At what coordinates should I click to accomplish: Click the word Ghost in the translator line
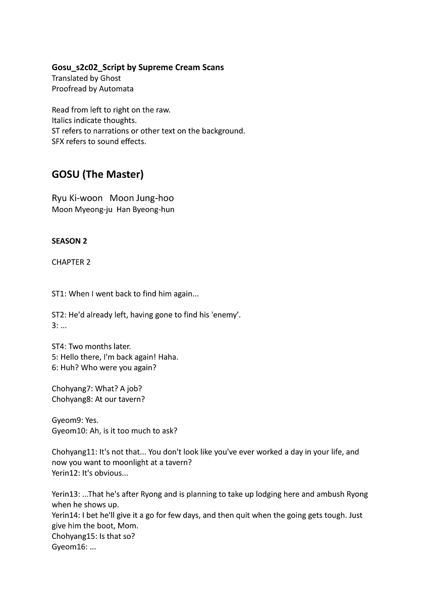pyautogui.click(x=111, y=78)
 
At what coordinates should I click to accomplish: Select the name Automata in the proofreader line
pyautogui.click(x=117, y=89)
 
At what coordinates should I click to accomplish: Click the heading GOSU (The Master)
pyautogui.click(x=97, y=174)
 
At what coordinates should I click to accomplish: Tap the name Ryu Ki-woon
pyautogui.click(x=77, y=198)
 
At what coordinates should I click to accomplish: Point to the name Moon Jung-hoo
pyautogui.click(x=141, y=198)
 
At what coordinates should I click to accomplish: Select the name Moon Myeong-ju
pyautogui.click(x=82, y=209)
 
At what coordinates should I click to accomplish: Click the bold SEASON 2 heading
pyautogui.click(x=69, y=241)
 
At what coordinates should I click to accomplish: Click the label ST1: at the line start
pyautogui.click(x=59, y=293)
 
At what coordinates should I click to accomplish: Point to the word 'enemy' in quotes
pyautogui.click(x=226, y=315)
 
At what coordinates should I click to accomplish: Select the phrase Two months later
pyautogui.click(x=99, y=346)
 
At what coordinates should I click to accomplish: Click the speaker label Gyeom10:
pyautogui.click(x=69, y=431)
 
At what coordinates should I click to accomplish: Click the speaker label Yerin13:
pyautogui.click(x=65, y=494)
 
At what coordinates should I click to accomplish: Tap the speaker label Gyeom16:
pyautogui.click(x=69, y=546)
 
